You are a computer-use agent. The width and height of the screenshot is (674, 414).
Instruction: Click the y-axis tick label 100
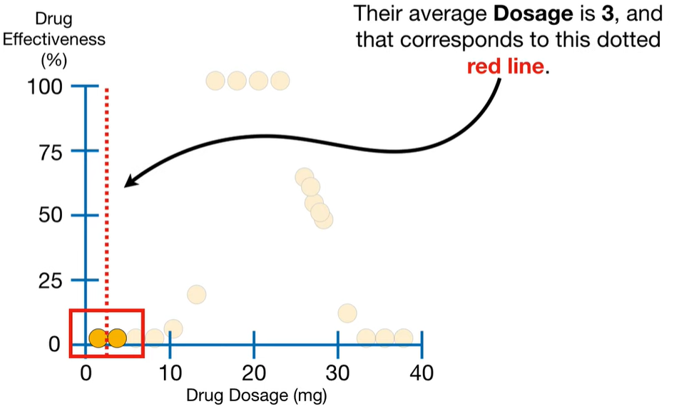point(47,87)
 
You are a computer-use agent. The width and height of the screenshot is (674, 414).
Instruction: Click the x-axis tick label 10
point(170,372)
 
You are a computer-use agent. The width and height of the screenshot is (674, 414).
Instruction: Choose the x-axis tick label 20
point(254,372)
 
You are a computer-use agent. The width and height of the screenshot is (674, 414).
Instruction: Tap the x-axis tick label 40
point(422,372)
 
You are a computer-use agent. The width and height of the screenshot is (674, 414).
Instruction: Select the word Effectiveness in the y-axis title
point(54,39)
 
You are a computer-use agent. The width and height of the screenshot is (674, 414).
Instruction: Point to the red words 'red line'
point(506,68)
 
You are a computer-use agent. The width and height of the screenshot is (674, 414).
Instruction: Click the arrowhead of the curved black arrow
point(128,183)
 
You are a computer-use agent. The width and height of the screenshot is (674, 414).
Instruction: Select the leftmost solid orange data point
point(99,338)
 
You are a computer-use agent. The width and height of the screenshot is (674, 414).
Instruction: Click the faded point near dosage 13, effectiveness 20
point(196,294)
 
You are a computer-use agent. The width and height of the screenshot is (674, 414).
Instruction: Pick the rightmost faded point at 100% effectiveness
point(280,81)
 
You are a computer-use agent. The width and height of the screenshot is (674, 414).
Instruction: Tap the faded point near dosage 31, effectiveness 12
point(347,313)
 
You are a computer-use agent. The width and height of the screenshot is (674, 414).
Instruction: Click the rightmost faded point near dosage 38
point(404,338)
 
